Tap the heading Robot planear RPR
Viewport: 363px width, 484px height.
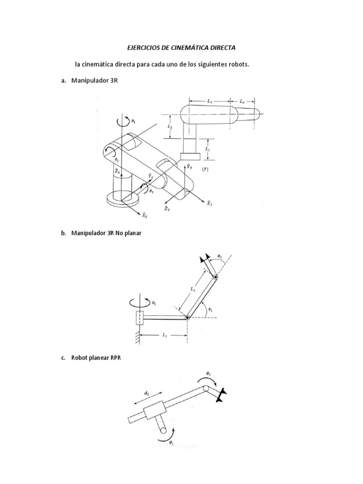(x=96, y=358)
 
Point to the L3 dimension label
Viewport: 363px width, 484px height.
(x=210, y=101)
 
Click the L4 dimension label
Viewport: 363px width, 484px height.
(x=242, y=101)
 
